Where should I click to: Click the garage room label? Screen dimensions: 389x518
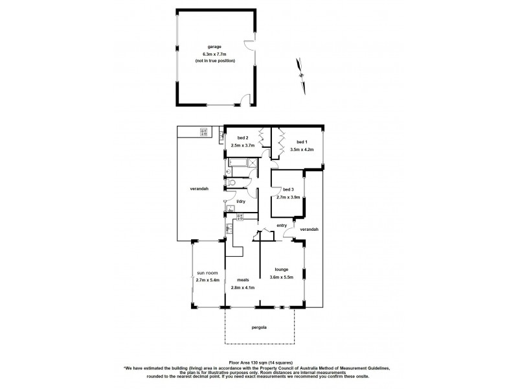pos(214,47)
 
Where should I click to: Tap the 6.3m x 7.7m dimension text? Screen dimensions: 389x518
pos(214,54)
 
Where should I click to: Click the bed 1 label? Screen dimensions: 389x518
pos(302,142)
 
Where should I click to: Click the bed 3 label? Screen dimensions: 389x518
pos(288,189)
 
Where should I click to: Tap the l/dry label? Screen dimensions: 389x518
pos(241,202)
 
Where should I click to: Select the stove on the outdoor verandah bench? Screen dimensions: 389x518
pos(203,132)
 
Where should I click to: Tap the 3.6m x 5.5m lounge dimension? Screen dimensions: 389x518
pos(282,277)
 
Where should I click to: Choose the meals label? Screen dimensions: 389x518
pos(243,280)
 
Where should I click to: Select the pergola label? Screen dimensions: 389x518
pos(259,327)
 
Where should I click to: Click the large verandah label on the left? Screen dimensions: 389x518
pos(199,189)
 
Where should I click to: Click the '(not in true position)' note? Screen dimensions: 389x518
pos(214,60)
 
